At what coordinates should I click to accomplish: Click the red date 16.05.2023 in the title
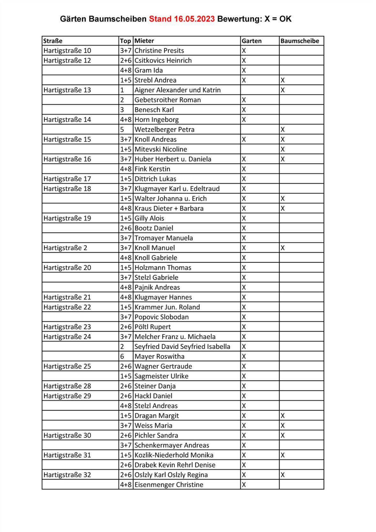194,19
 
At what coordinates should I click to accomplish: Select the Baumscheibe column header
299,41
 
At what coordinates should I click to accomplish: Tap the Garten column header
252,41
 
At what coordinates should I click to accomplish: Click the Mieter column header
144,41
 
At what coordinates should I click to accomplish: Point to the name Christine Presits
159,51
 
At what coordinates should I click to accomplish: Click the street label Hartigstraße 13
67,90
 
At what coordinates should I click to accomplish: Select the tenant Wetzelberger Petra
164,130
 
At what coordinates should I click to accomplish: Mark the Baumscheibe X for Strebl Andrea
282,80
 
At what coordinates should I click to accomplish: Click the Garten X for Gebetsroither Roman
244,100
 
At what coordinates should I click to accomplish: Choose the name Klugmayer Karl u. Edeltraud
177,189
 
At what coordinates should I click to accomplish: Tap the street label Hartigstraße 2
65,248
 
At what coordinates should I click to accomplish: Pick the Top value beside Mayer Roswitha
122,356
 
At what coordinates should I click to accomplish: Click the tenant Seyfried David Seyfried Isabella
182,347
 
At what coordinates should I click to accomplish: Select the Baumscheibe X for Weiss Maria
282,425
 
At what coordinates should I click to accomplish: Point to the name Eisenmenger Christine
169,485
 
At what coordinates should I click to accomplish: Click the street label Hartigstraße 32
67,475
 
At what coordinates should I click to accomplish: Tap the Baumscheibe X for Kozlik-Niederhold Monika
282,455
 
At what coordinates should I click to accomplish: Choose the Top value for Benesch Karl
122,110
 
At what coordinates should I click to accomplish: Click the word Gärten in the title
73,19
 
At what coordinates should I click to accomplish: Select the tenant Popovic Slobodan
162,317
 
